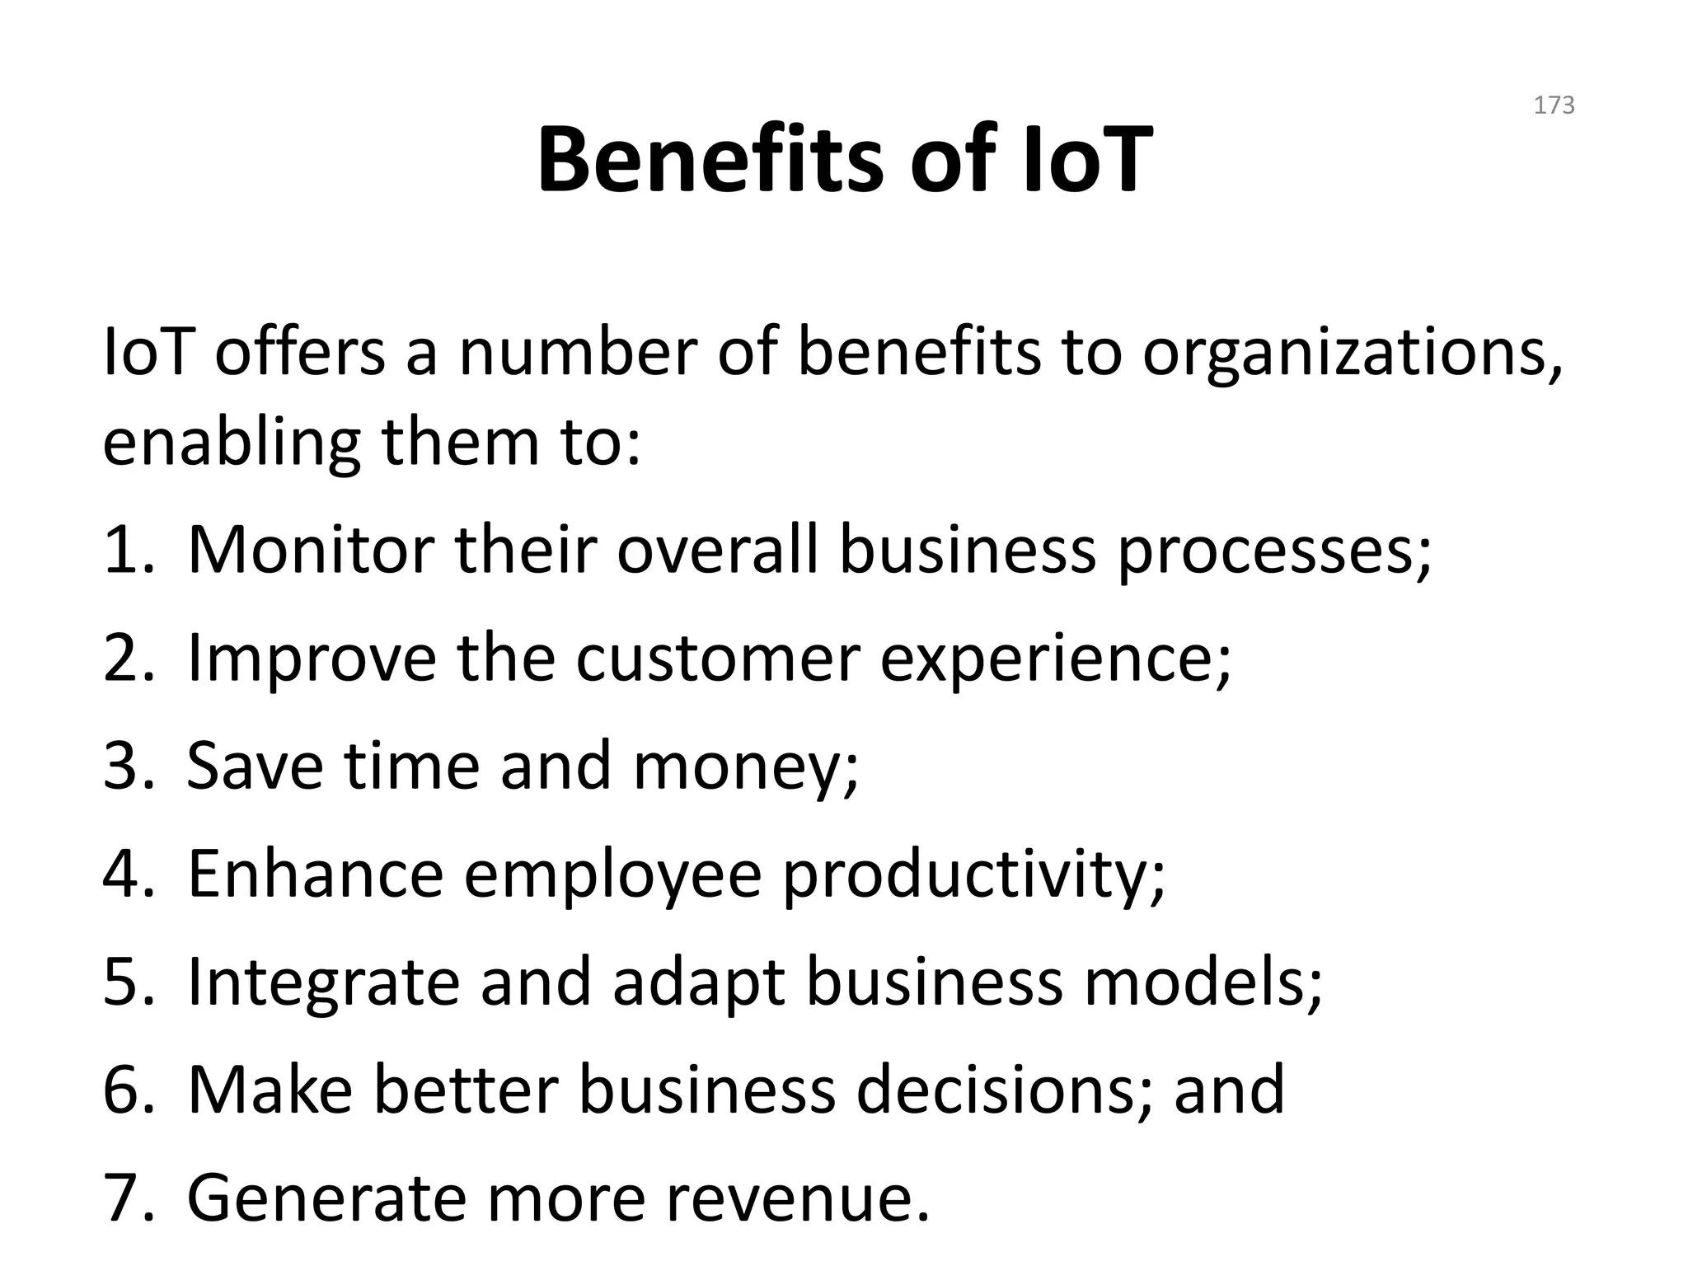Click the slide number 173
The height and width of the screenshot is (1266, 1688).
[x=1554, y=105]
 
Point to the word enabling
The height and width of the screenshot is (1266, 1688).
[x=232, y=443]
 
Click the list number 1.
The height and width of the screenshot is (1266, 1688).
[x=128, y=550]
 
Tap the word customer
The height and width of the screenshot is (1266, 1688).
[x=717, y=659]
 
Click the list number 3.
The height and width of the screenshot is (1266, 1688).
[x=128, y=766]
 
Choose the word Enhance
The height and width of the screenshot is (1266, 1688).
[x=316, y=874]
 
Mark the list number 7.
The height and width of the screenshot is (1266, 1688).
[x=128, y=1198]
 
